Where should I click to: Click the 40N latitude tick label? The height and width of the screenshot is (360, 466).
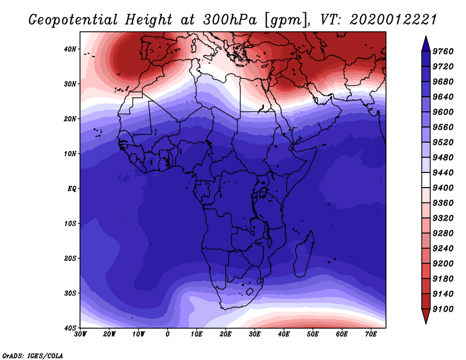click(x=70, y=49)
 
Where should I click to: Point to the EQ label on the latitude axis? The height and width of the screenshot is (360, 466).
click(x=72, y=189)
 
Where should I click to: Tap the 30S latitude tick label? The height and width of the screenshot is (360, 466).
click(x=70, y=293)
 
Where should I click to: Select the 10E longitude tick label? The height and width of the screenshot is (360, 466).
click(x=196, y=334)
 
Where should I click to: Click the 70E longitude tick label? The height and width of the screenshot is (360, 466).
click(x=371, y=334)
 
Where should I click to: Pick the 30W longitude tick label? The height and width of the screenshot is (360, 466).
click(x=80, y=334)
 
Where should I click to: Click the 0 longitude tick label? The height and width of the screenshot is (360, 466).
click(x=168, y=334)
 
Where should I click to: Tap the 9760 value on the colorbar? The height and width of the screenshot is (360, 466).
click(x=443, y=51)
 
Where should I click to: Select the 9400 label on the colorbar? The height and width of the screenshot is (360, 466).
click(x=443, y=188)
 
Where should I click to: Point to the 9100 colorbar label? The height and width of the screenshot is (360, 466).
click(x=443, y=309)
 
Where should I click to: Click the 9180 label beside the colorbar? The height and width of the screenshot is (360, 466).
click(x=443, y=278)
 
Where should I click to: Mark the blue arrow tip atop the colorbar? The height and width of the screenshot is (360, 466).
click(x=426, y=36)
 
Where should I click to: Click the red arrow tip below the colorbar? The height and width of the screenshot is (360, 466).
click(x=426, y=323)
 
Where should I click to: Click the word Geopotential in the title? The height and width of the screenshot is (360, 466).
click(x=73, y=20)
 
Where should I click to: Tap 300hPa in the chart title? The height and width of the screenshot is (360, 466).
click(x=230, y=20)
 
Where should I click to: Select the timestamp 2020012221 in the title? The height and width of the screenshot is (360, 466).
click(x=393, y=20)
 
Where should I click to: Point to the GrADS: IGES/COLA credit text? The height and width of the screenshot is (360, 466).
click(x=33, y=356)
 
